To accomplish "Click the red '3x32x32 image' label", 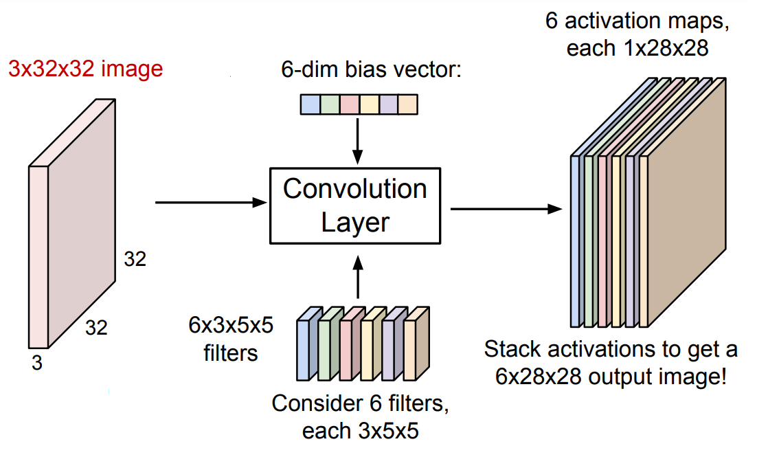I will click(86, 69).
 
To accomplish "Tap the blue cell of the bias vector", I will click(311, 104).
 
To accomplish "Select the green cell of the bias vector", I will click(330, 104).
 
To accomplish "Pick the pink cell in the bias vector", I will click(350, 104).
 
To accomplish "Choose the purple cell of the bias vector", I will click(388, 104).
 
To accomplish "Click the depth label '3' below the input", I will click(37, 363).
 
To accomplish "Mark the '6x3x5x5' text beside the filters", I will click(231, 325).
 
